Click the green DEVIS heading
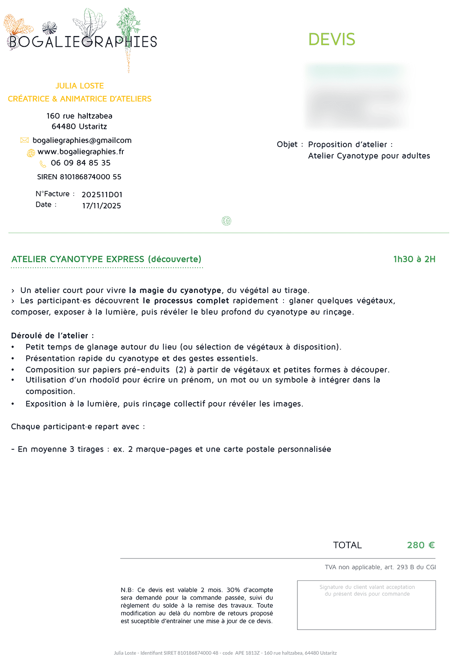click(x=332, y=40)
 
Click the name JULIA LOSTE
click(x=80, y=86)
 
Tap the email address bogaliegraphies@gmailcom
click(x=82, y=140)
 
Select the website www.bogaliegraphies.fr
click(x=81, y=152)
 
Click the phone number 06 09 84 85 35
click(x=81, y=163)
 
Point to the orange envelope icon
click(x=25, y=140)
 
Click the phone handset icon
click(x=43, y=164)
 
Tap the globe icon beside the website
click(x=31, y=153)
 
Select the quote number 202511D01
click(x=102, y=195)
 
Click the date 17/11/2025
click(x=101, y=206)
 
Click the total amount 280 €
click(x=421, y=545)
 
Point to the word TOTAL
click(x=347, y=545)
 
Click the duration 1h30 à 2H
click(x=414, y=259)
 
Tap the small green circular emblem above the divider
click(x=226, y=221)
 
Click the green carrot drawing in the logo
click(x=128, y=36)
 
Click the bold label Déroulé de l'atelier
click(x=52, y=335)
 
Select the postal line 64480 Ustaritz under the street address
click(x=79, y=127)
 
